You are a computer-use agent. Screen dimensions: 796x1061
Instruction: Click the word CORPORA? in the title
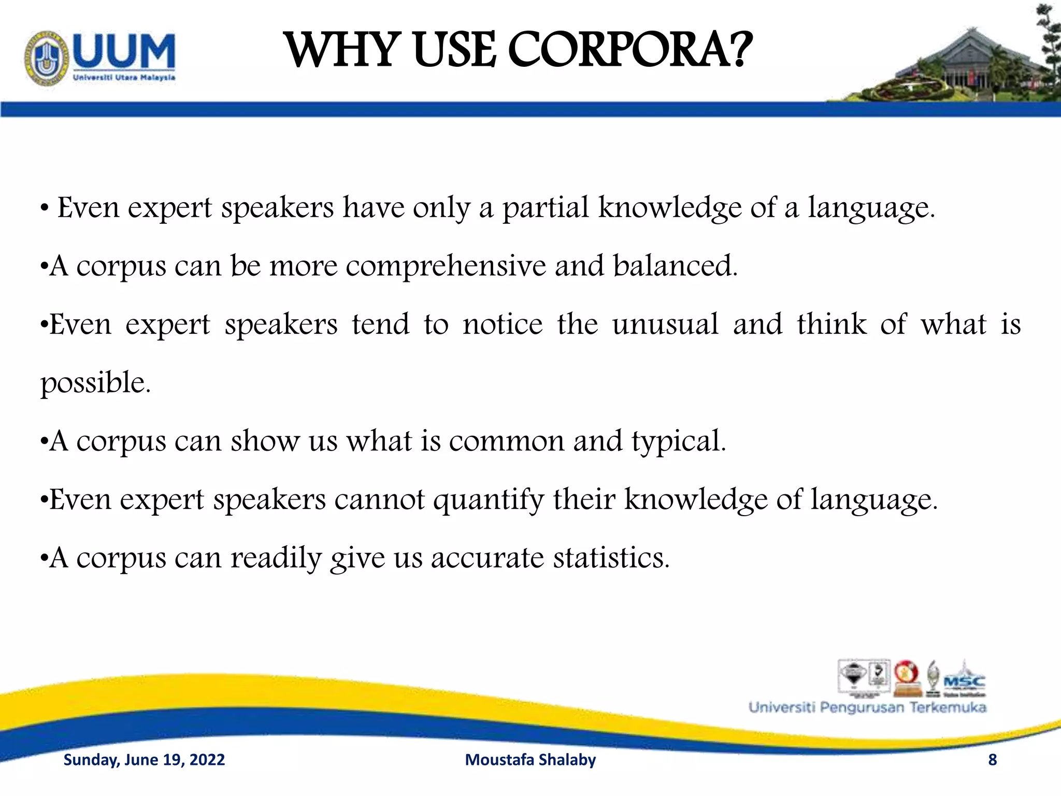coord(629,50)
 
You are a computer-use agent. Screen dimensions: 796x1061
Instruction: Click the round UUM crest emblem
coord(47,59)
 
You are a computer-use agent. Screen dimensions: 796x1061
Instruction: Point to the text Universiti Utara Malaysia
coord(124,78)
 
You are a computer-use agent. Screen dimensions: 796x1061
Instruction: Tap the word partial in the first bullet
coord(546,208)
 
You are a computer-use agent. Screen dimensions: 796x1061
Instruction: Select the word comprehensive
coord(446,266)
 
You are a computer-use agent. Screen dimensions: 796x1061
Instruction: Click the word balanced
coord(675,266)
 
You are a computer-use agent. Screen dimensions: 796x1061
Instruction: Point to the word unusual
coord(665,325)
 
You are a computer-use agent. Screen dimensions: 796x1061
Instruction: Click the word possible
coord(95,383)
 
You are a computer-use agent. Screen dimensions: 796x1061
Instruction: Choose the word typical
coord(678,442)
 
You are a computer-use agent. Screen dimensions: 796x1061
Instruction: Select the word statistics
coord(611,559)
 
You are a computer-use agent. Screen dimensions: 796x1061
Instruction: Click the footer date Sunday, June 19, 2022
coord(144,760)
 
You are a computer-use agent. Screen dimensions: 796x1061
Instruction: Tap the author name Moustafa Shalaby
coord(530,760)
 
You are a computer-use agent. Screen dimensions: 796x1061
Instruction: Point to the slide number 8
coord(992,760)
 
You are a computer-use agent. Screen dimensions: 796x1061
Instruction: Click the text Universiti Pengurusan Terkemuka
coord(867,708)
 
